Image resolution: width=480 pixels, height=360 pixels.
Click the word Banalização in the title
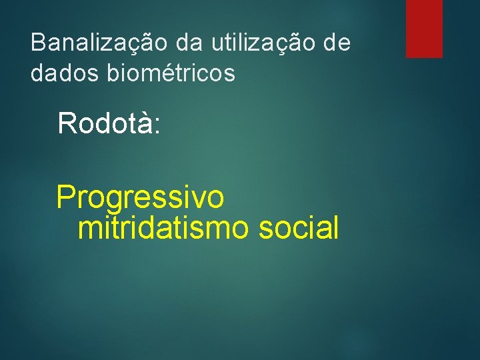click(x=100, y=43)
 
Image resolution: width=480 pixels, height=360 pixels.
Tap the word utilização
click(x=264, y=43)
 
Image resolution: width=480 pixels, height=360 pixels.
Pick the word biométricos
click(x=170, y=74)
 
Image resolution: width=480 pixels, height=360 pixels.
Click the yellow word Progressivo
click(x=140, y=199)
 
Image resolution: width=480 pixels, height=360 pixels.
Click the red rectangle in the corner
click(x=424, y=28)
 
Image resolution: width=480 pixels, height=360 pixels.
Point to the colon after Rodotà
click(x=157, y=127)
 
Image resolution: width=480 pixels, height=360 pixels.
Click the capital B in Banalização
click(x=38, y=43)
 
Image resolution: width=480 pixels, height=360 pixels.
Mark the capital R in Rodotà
click(x=67, y=123)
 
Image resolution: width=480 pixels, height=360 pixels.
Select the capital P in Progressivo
click(x=66, y=198)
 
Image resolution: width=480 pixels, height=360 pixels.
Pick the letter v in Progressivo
click(x=197, y=200)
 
